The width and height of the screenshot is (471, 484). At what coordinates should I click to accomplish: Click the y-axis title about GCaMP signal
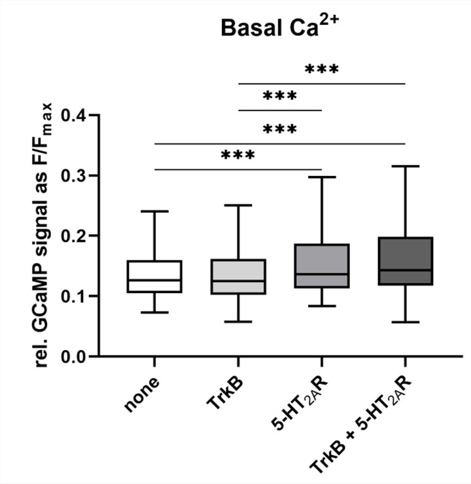45,235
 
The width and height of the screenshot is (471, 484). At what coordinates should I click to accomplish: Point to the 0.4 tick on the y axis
73,116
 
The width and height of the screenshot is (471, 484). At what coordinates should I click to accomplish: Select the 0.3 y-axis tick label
73,176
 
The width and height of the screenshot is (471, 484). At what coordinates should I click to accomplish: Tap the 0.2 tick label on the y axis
73,236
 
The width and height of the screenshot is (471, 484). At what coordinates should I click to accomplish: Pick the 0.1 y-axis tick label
73,296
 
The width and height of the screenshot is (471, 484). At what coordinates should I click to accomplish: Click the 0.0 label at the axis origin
73,357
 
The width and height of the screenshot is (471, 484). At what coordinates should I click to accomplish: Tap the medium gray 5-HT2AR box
322,268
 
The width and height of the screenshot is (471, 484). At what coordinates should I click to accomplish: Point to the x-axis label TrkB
226,392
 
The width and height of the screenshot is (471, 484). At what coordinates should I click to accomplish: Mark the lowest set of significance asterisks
238,156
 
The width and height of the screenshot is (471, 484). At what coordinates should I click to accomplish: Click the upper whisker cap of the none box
154,211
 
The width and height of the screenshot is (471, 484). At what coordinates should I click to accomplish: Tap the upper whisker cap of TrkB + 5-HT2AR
406,167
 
